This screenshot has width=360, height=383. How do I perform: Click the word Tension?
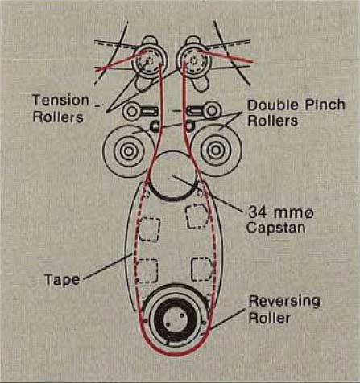[x=60, y=101]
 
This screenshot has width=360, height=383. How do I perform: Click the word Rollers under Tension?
[x=58, y=117]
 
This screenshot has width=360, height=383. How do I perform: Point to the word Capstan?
[x=275, y=228]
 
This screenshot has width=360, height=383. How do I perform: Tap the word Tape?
[x=62, y=279]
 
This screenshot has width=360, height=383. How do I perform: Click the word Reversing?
[x=284, y=301]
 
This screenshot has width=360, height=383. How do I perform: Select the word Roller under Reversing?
[x=270, y=318]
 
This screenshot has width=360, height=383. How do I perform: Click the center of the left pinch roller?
[x=129, y=151]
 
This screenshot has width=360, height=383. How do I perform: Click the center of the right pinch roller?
[x=216, y=150]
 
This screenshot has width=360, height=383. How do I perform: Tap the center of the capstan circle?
[x=173, y=175]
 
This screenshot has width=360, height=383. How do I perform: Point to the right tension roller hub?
[x=193, y=60]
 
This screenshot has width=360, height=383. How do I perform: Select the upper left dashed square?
[x=149, y=229]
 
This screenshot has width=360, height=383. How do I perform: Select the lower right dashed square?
[x=202, y=270]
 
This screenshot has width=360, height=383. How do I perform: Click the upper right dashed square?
[x=197, y=216]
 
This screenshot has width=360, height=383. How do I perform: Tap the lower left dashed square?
[x=147, y=271]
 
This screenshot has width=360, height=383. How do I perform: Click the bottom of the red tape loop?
[x=175, y=355]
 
